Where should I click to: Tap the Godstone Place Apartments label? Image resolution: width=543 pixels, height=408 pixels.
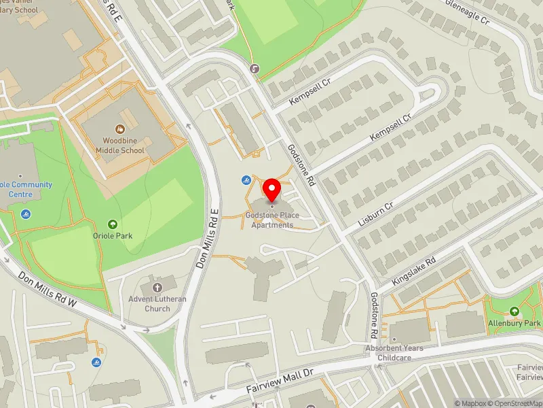tap(272, 220)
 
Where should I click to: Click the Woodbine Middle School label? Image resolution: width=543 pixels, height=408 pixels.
tap(120, 145)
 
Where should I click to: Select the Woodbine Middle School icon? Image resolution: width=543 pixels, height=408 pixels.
tap(120, 128)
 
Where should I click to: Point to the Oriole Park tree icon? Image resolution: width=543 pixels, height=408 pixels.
tap(113, 224)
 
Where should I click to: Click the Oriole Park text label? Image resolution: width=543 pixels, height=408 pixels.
tap(113, 236)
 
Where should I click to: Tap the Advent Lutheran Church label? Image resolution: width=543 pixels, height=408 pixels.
tap(158, 303)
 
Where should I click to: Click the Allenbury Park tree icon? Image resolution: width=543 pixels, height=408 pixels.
tap(514, 311)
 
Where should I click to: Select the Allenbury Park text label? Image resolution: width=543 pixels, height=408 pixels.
tap(514, 324)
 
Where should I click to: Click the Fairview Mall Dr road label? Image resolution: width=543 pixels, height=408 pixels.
tap(280, 386)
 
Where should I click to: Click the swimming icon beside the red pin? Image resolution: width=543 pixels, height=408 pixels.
tap(246, 180)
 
